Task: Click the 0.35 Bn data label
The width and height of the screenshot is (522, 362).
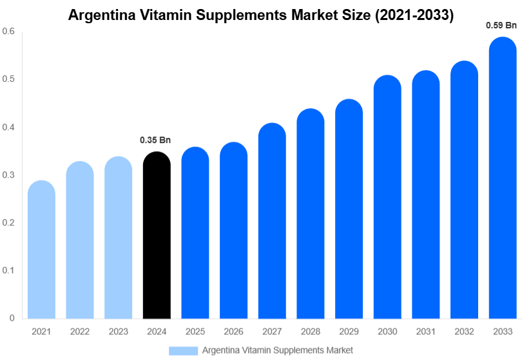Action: click(155, 140)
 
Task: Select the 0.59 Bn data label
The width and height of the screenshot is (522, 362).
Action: click(501, 25)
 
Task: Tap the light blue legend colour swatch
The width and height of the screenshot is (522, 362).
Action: click(183, 350)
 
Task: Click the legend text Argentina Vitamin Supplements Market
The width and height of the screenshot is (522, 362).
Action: click(277, 350)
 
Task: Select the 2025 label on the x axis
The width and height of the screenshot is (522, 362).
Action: click(195, 331)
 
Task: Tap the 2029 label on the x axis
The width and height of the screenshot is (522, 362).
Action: click(349, 331)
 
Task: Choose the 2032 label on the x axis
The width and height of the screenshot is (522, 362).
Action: click(464, 331)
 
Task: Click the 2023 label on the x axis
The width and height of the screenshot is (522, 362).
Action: click(118, 331)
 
